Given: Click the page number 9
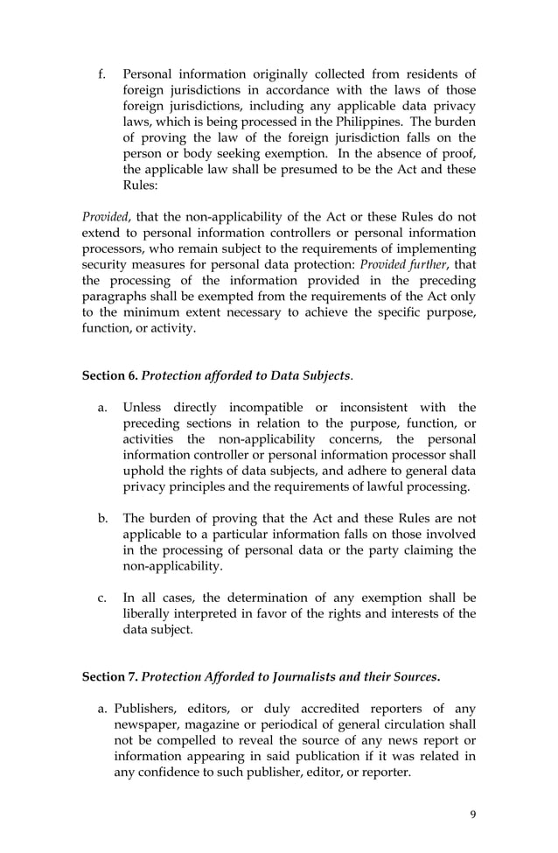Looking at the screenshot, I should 473,815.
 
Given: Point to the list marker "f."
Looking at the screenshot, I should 102,73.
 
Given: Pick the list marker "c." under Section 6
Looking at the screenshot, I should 102,598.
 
